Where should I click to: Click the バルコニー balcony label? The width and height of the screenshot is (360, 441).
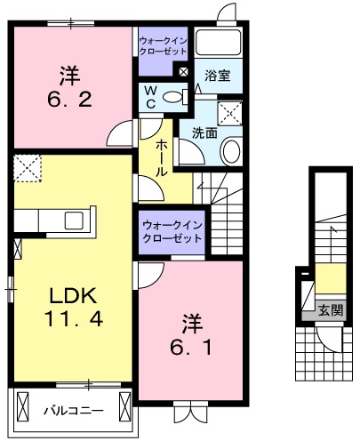pos(74,411)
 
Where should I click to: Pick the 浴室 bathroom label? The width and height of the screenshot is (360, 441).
pos(217,76)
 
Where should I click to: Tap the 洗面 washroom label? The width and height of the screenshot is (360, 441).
pos(205,132)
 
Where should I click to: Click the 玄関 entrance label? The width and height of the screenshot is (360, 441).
pos(331,310)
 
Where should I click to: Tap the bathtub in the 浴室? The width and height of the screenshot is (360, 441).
pos(220,43)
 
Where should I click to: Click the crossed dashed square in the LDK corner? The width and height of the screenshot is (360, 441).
pos(28,166)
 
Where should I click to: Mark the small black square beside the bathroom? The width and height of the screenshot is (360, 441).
pos(184,71)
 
